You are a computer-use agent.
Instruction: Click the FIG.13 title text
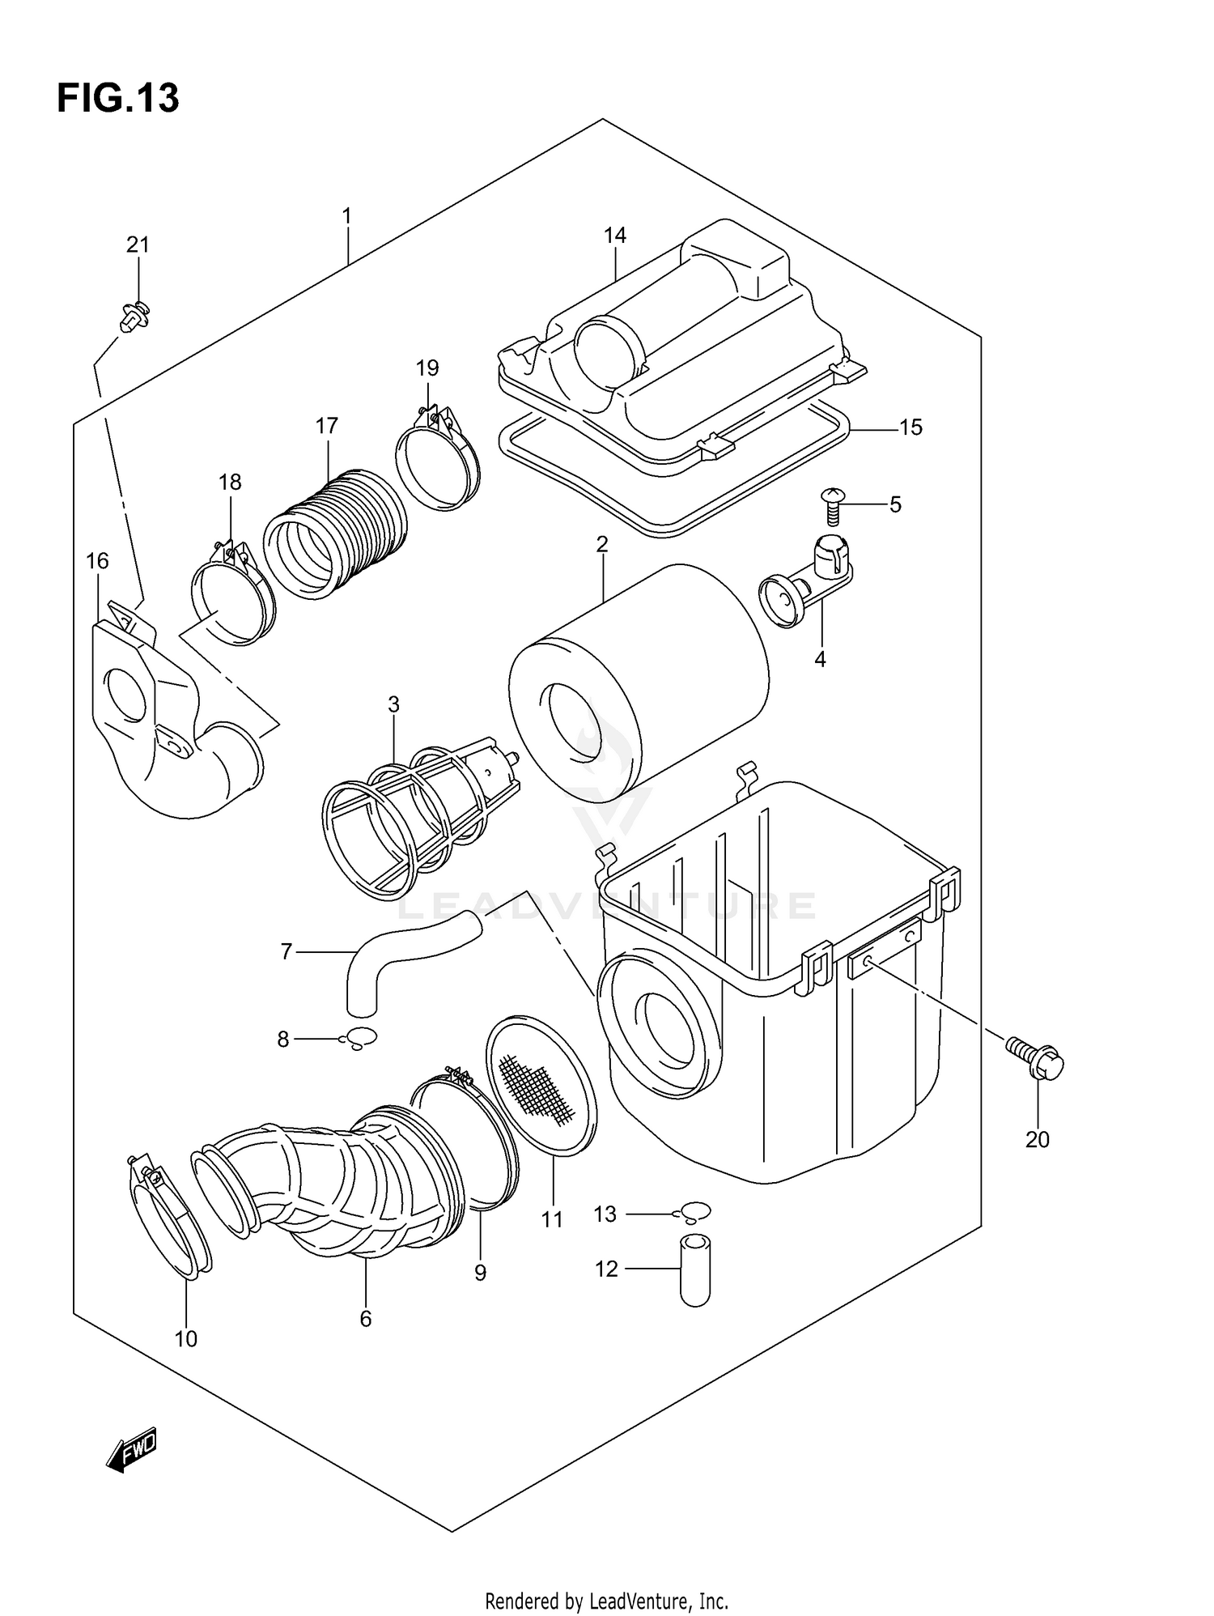118,99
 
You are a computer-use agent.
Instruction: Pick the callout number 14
614,236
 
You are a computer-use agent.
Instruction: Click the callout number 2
601,545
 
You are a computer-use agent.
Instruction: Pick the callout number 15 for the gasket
910,427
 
